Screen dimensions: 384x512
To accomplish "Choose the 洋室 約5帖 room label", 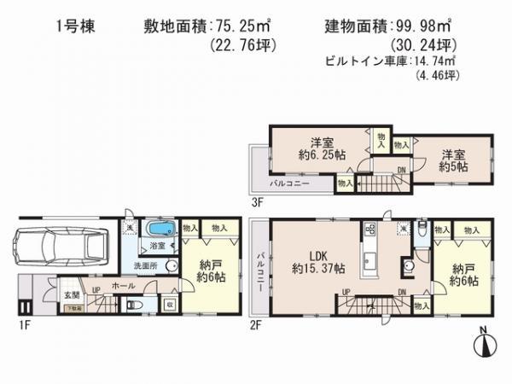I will pyautogui.click(x=453, y=161).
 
